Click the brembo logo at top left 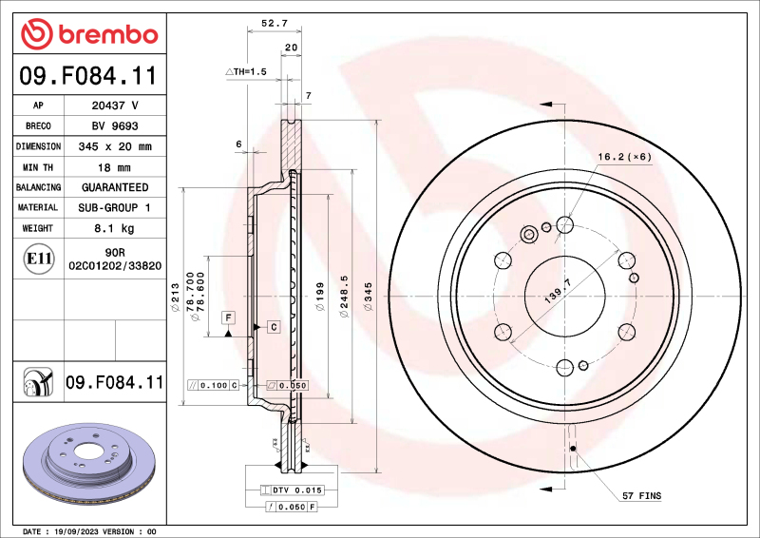pos(88,34)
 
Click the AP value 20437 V pos(114,106)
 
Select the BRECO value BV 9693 pos(114,126)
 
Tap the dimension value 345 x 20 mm pos(114,146)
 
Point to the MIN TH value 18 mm pos(114,167)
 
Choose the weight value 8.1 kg pos(114,228)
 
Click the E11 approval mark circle pos(39,258)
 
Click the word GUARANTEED pos(114,187)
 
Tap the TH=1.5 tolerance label pos(248,72)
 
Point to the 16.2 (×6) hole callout pos(623,157)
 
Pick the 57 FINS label pos(642,496)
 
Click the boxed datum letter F pos(228,316)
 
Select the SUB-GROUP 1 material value pos(114,207)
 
